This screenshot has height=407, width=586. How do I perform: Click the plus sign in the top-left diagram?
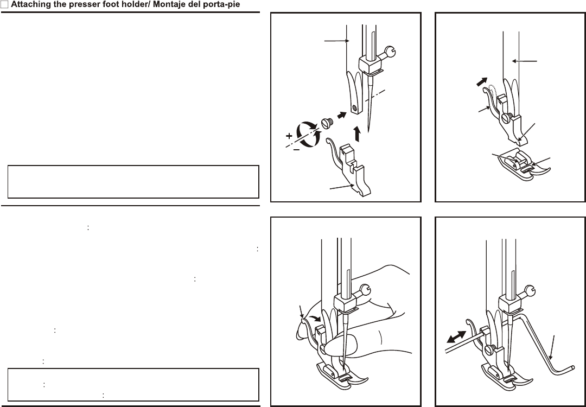tap(289, 135)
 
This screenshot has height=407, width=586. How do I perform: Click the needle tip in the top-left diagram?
tap(368, 130)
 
